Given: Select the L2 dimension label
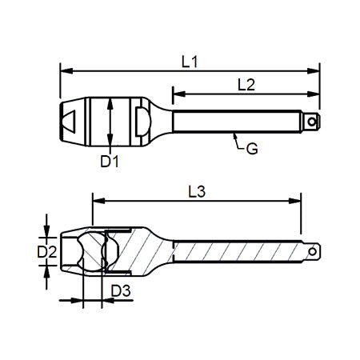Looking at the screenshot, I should click(x=246, y=83).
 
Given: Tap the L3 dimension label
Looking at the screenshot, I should click(x=197, y=191).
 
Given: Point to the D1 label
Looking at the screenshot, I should click(x=110, y=161).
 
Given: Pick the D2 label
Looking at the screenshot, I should click(x=48, y=252).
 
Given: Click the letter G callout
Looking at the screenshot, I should click(x=251, y=148).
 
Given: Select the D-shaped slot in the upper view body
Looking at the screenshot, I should click(x=141, y=120).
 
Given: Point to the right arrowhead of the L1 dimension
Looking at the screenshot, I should click(x=318, y=70).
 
